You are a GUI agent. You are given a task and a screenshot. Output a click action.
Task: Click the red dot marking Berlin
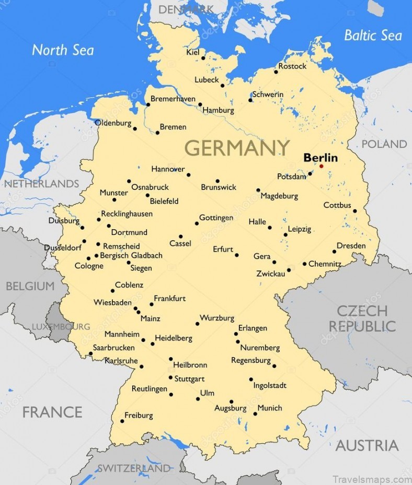coord(321,167)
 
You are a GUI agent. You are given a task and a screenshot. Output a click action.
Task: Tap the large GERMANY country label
coord(237,148)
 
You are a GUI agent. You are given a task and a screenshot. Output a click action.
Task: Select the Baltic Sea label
coord(373,36)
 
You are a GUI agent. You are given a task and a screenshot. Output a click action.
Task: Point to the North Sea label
coord(63,50)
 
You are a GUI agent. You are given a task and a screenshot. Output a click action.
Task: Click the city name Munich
coord(270,408)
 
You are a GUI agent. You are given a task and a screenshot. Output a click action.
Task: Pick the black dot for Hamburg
coord(200,104)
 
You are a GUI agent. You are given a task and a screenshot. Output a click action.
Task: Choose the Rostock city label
coord(292,66)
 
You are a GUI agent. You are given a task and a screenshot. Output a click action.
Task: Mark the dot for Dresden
coord(334,252)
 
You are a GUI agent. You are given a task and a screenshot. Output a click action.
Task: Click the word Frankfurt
coord(169,299)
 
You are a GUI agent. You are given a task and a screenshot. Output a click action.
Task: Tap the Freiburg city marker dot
coord(122,421)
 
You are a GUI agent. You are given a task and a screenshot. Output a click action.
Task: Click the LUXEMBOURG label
coord(61,327)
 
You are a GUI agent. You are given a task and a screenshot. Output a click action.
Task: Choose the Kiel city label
coord(192,52)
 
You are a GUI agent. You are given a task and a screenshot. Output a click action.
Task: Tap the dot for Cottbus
coord(354,211)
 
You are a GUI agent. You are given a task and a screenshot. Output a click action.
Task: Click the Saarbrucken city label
coord(113,347)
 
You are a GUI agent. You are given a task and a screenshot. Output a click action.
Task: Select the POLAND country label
coord(384,144)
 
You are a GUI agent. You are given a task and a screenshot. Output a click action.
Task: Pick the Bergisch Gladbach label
coord(131,256)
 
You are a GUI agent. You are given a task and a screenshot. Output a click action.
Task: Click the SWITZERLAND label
coord(134,468)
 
